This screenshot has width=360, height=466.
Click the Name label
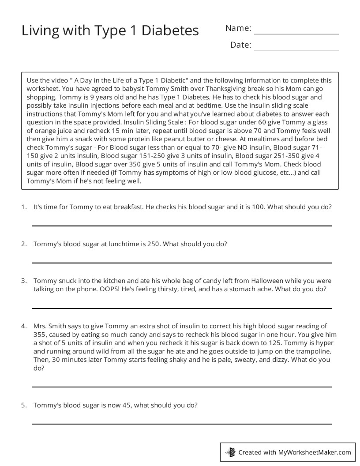click(x=238, y=28)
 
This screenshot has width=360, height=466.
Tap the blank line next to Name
click(x=296, y=34)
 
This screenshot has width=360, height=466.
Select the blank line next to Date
click(x=296, y=51)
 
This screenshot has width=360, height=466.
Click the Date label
click(x=240, y=45)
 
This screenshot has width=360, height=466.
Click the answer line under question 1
click(x=181, y=225)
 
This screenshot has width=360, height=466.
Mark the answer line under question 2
click(x=181, y=263)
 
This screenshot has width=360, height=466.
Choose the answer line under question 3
click(x=181, y=308)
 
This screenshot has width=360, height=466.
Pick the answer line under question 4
click(x=181, y=387)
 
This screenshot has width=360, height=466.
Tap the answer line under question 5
click(x=181, y=424)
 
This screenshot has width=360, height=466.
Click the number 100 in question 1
click(x=258, y=207)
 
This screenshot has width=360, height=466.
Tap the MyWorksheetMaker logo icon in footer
click(x=230, y=452)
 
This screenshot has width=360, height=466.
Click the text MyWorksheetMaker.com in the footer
click(x=315, y=452)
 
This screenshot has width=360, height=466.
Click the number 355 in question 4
click(x=40, y=335)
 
